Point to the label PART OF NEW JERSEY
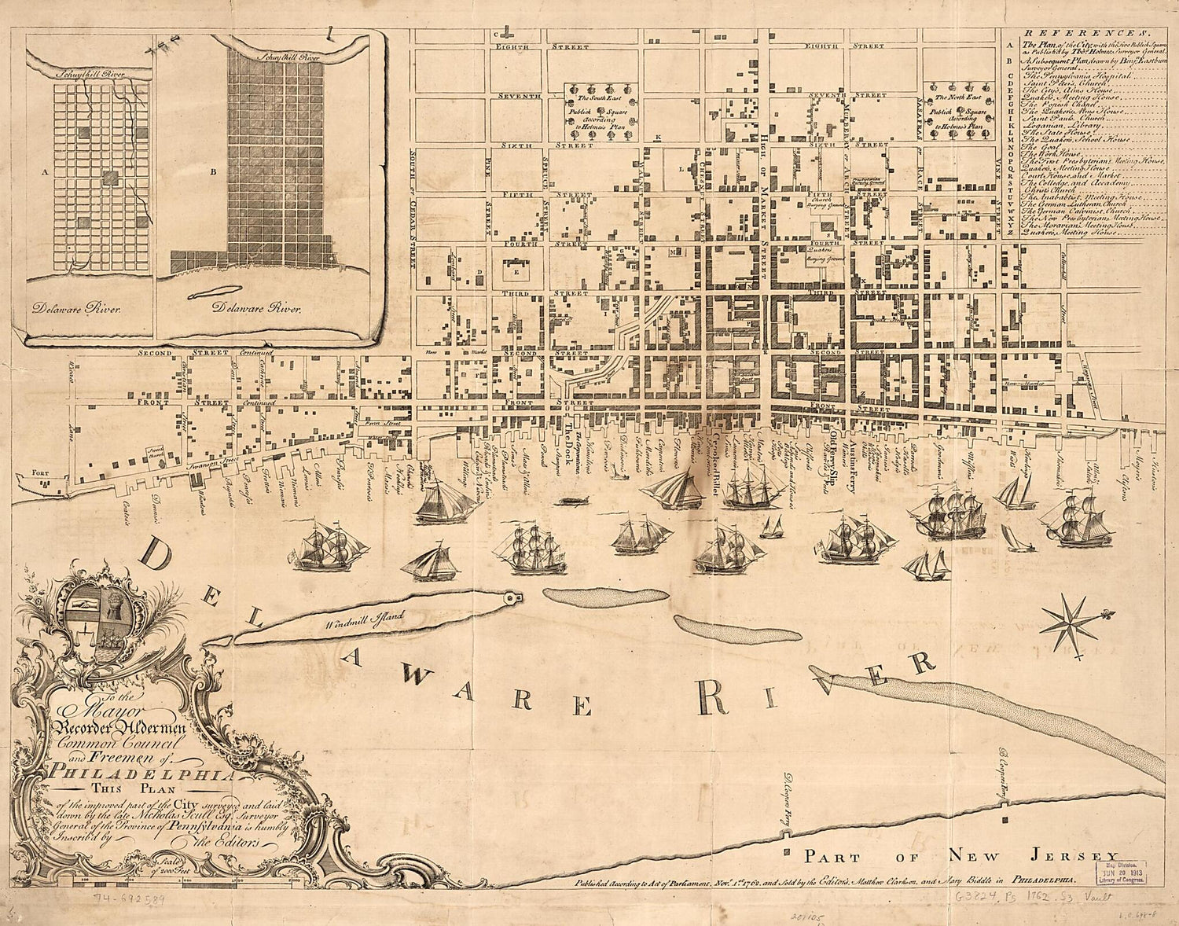click(x=959, y=856)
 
